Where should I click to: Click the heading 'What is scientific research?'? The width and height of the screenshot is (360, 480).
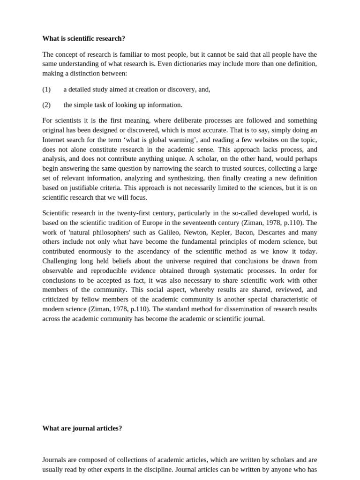click(83, 38)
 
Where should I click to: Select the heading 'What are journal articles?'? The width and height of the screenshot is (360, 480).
click(82, 428)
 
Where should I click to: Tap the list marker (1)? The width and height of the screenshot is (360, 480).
click(46, 89)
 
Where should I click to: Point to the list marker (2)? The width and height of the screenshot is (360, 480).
click(46, 105)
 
